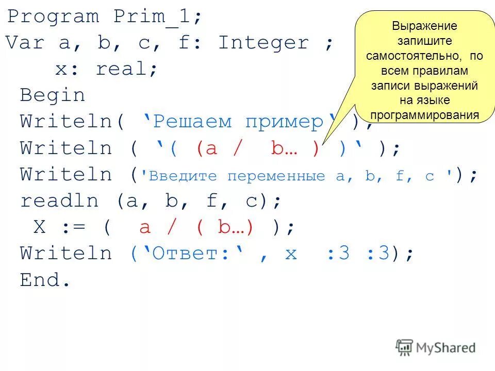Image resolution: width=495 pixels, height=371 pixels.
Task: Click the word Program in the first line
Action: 53,16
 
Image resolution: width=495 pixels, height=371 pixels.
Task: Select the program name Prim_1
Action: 158,16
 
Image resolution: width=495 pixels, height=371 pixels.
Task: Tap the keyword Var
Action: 25,43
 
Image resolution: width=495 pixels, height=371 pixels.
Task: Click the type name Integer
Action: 263,43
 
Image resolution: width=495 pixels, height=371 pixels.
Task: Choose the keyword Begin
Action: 53,95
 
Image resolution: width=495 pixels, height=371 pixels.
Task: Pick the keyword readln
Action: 59,200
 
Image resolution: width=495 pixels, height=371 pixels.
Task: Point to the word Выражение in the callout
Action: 424,26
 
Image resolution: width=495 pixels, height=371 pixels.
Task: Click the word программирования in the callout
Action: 424,115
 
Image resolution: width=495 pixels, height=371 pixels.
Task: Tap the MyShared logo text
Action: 446,348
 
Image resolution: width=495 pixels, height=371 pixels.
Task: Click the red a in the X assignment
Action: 145,227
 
